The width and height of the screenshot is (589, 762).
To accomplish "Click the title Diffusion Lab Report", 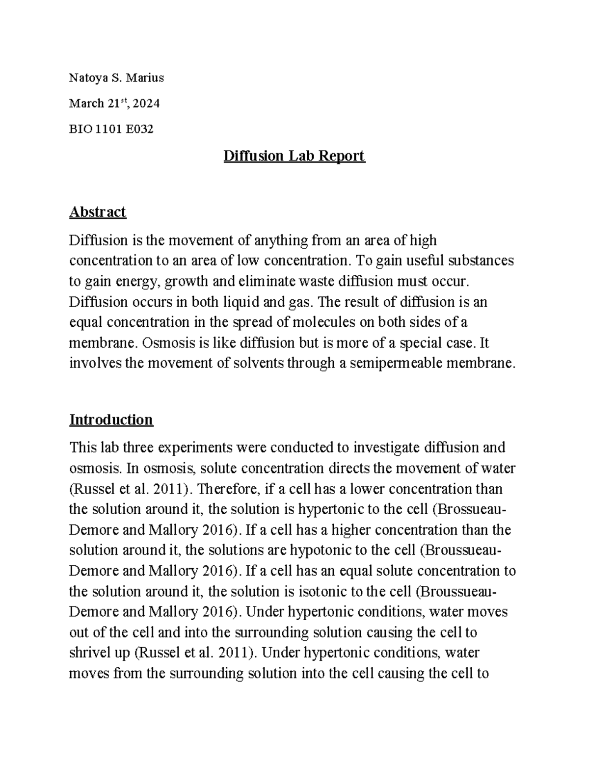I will pyautogui.click(x=294, y=156).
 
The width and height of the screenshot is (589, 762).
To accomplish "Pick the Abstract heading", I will pyautogui.click(x=98, y=212).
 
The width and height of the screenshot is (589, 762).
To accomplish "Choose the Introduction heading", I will pyautogui.click(x=111, y=420).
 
